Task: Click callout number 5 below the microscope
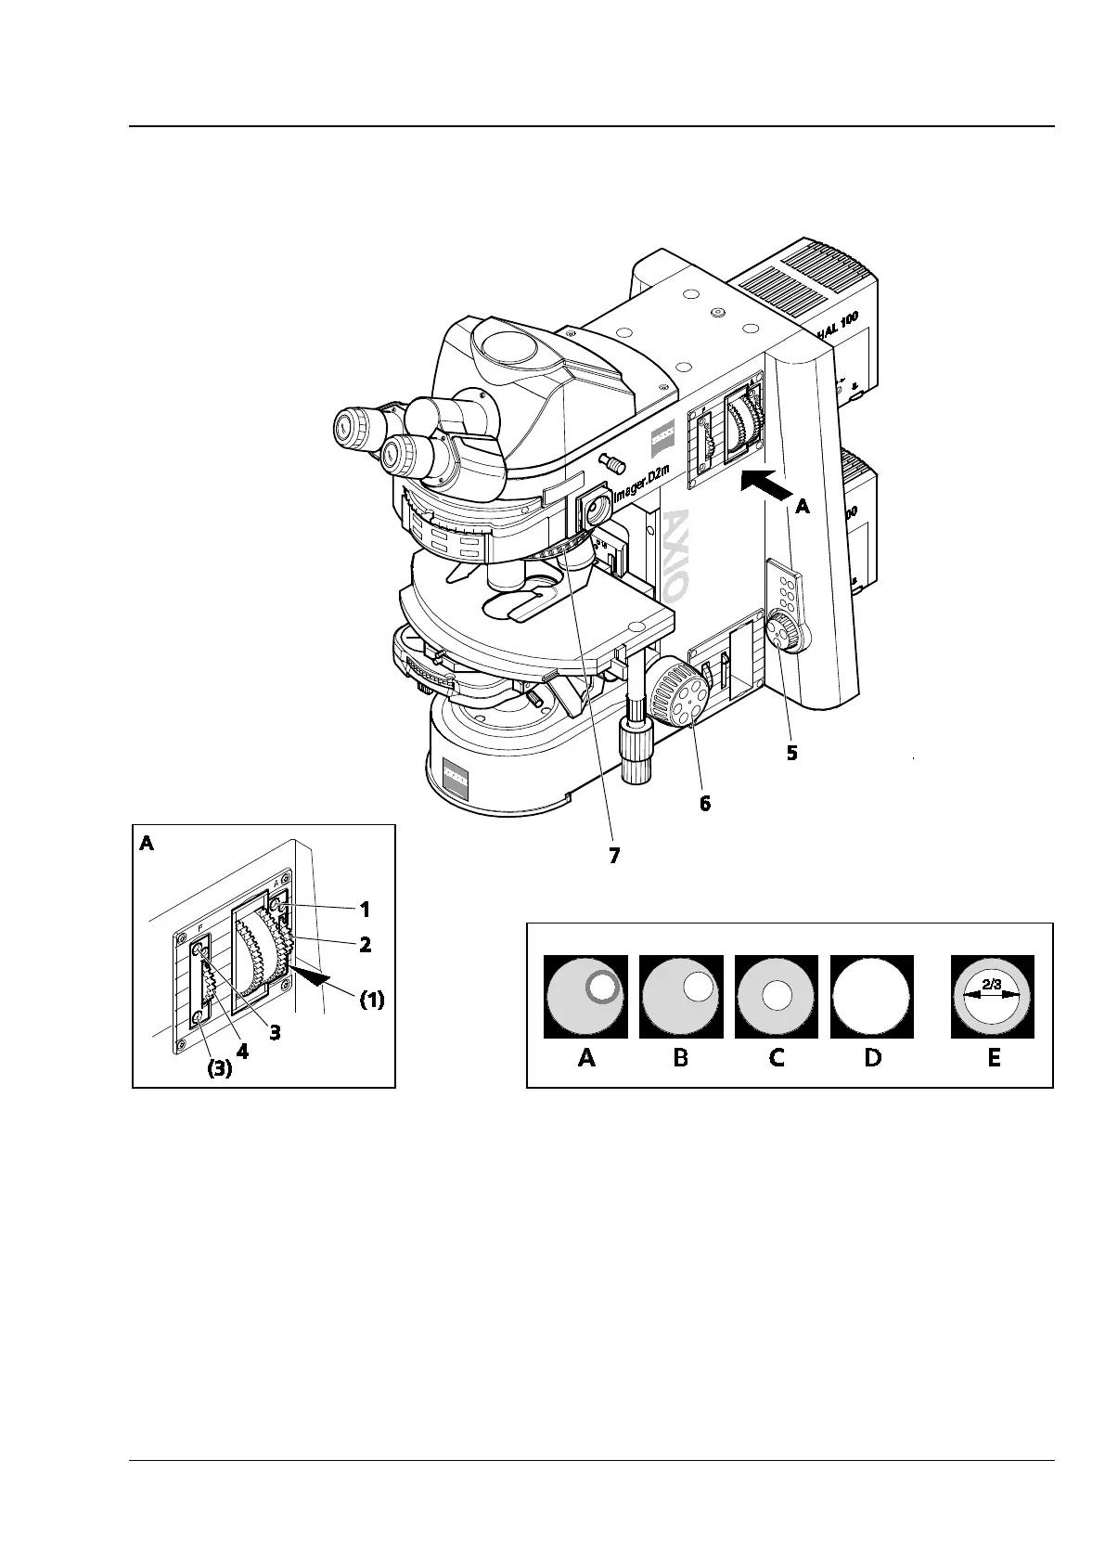pos(791,753)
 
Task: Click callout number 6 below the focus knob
pos(705,804)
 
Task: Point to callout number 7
pos(613,856)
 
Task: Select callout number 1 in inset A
pos(365,908)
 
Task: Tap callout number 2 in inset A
pos(365,945)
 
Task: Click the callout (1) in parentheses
pos(372,1001)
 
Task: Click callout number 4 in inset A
pos(242,1053)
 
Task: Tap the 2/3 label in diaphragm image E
pos(992,985)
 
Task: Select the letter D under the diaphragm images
pos(872,1057)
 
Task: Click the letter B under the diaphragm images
pos(681,1057)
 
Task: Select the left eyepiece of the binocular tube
pos(357,427)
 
